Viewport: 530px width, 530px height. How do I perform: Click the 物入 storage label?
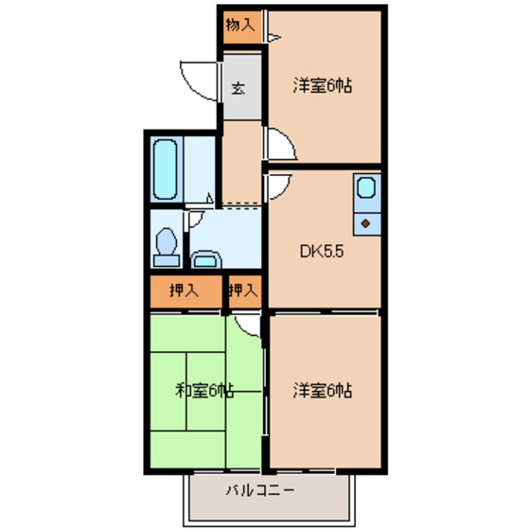pos(240,26)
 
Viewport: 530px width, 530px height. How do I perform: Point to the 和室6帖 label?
pos(204,390)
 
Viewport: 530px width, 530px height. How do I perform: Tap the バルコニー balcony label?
pos(259,491)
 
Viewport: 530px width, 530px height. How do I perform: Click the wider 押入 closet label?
pos(184,291)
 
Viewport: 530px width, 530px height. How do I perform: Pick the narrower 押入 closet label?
pos(243,291)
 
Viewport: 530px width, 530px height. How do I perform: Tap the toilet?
pos(168,243)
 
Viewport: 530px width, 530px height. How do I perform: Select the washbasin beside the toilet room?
pos(204,257)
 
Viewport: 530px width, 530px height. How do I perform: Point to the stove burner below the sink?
pos(365,223)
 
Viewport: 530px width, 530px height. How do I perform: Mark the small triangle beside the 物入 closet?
pos(274,38)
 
